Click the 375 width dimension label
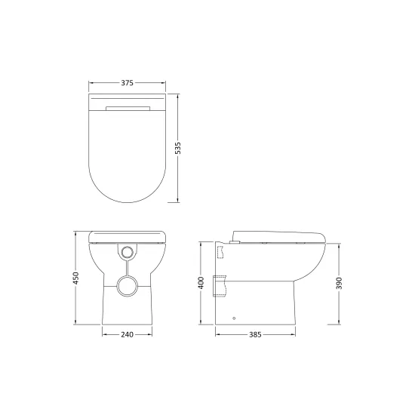click(x=127, y=83)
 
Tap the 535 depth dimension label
click(x=178, y=148)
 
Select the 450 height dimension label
click(x=76, y=278)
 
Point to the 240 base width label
click(x=127, y=335)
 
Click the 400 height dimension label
click(x=201, y=283)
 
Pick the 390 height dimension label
click(x=339, y=283)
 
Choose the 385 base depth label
click(x=255, y=335)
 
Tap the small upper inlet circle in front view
click(x=128, y=252)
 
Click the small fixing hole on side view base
click(x=234, y=318)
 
